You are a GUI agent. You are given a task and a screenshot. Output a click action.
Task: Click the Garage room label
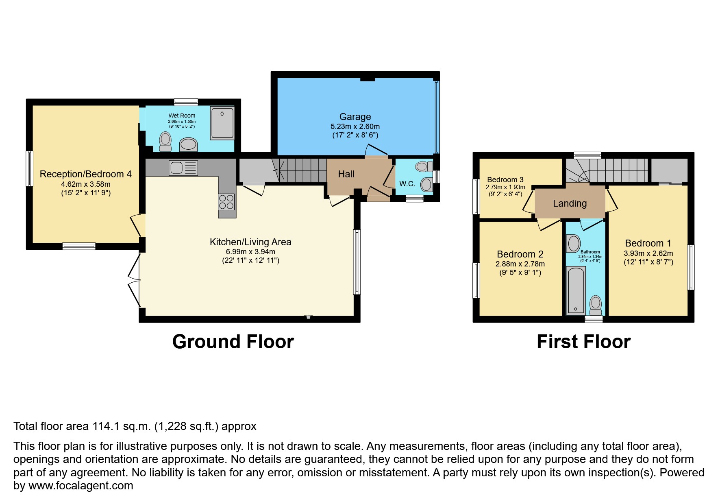pyautogui.click(x=355, y=117)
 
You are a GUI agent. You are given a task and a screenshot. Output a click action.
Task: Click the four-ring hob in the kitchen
pyautogui.click(x=226, y=202)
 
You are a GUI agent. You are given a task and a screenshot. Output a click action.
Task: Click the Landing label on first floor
pyautogui.click(x=570, y=203)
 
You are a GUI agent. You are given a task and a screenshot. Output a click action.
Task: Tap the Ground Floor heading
pyautogui.click(x=233, y=342)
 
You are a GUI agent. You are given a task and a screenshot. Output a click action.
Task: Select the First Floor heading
pyautogui.click(x=583, y=342)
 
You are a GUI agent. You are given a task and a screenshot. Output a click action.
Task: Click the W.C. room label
pyautogui.click(x=407, y=184)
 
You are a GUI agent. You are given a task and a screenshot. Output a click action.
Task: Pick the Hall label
pyautogui.click(x=346, y=174)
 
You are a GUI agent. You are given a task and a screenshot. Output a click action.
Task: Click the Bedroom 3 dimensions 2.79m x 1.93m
pyautogui.click(x=505, y=187)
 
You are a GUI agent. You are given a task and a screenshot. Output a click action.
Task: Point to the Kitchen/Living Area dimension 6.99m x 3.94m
pyautogui.click(x=250, y=252)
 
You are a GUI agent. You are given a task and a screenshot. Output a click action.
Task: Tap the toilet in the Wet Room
pyautogui.click(x=165, y=141)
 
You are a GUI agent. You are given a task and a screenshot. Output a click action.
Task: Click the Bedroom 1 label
pyautogui.click(x=648, y=243)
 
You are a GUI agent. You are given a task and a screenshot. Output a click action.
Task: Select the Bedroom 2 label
pyautogui.click(x=520, y=254)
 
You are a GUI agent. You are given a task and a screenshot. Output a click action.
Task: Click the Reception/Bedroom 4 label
pyautogui.click(x=85, y=174)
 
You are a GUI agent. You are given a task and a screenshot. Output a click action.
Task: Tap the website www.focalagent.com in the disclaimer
pyautogui.click(x=80, y=486)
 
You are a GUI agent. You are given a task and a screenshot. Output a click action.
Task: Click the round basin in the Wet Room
pyautogui.click(x=188, y=144)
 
